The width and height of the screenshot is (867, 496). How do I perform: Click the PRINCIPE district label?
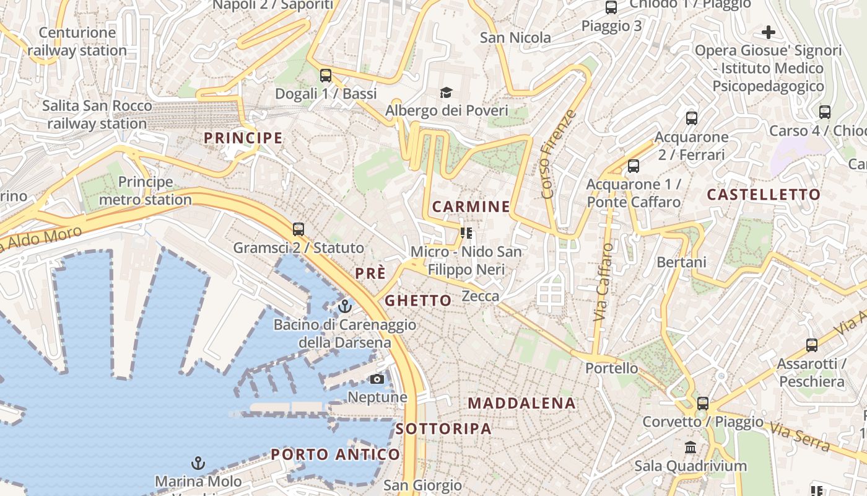pos(243,138)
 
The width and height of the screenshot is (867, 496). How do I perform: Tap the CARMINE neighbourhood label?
pos(471,206)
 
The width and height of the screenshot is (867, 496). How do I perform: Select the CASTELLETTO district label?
pos(764,195)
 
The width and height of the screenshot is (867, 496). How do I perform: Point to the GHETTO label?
pos(418,301)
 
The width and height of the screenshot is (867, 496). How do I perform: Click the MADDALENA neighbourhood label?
pos(521,403)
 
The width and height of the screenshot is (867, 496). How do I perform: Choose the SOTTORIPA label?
pos(443,428)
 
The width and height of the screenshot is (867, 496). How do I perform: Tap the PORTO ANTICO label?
pos(336,454)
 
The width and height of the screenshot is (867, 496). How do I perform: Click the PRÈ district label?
pos(370,273)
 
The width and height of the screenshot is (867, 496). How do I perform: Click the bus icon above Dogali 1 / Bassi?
pos(325,76)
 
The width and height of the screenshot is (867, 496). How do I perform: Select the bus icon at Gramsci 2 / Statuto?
pos(298,229)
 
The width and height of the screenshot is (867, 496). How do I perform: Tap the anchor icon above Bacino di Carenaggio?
pos(345,306)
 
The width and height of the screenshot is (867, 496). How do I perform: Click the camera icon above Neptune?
pos(377,379)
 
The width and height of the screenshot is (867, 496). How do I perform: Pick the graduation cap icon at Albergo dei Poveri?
pos(446,93)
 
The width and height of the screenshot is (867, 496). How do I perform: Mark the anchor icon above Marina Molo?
pos(198,463)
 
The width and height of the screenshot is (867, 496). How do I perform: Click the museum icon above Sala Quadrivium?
pos(691,447)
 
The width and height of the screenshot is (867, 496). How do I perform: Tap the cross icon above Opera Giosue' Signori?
pos(769,32)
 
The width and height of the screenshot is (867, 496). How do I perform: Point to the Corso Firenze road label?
pos(557,154)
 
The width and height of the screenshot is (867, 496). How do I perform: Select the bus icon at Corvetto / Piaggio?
pos(702,403)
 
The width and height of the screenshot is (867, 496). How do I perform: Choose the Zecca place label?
pos(481,296)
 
